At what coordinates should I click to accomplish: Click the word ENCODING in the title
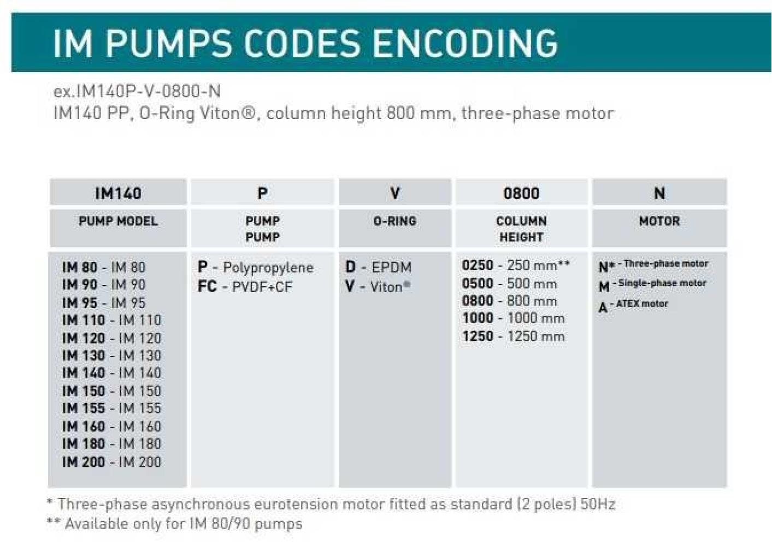[466, 43]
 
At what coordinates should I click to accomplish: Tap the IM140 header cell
[118, 193]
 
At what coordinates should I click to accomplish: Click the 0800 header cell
[521, 193]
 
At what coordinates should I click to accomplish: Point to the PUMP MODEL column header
[118, 221]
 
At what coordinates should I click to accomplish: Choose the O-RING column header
[394, 221]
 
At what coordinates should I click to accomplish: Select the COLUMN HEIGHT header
[521, 229]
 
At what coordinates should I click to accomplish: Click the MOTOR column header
[659, 221]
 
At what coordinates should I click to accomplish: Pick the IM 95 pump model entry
[104, 302]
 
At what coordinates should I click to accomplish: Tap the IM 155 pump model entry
[111, 408]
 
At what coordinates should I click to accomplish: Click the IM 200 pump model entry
[111, 462]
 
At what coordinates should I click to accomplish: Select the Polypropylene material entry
[255, 268]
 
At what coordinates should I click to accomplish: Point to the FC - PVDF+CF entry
[245, 287]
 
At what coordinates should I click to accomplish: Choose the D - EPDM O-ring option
[378, 268]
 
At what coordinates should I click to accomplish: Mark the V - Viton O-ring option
[378, 287]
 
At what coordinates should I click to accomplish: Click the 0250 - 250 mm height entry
[515, 265]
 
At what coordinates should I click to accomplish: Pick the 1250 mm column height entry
[513, 336]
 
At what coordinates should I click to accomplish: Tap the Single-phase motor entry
[652, 284]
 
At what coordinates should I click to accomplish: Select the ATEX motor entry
[633, 305]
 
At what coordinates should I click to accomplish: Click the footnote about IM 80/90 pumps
[174, 524]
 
